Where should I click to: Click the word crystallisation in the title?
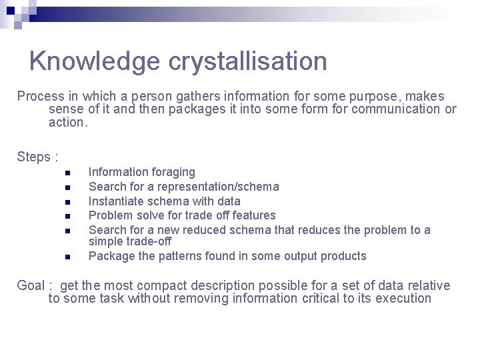click(x=247, y=61)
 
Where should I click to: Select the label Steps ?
click(x=37, y=157)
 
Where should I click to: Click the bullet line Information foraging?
click(x=141, y=173)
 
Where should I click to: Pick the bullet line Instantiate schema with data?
click(x=164, y=201)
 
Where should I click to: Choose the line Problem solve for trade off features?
click(x=181, y=215)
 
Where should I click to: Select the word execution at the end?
click(x=403, y=299)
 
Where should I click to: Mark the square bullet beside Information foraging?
click(x=67, y=173)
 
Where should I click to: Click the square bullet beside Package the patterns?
click(x=67, y=257)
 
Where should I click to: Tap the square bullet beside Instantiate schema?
click(x=67, y=202)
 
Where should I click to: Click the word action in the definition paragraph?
click(x=67, y=123)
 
